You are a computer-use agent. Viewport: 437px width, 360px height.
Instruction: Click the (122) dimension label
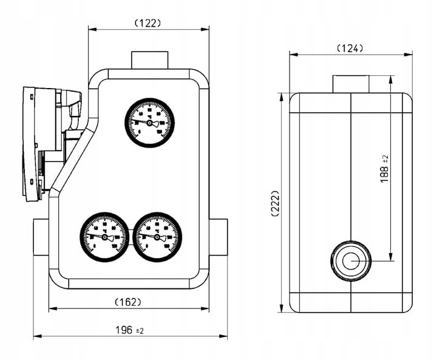click(147, 23)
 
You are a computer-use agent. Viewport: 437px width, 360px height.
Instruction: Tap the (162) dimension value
click(127, 302)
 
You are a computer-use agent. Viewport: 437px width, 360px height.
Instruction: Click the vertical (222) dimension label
click(275, 205)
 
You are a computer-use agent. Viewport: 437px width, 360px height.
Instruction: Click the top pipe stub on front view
click(149, 61)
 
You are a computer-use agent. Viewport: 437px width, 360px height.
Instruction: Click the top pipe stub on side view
click(351, 83)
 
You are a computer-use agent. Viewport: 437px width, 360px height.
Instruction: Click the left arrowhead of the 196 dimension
click(35, 335)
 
